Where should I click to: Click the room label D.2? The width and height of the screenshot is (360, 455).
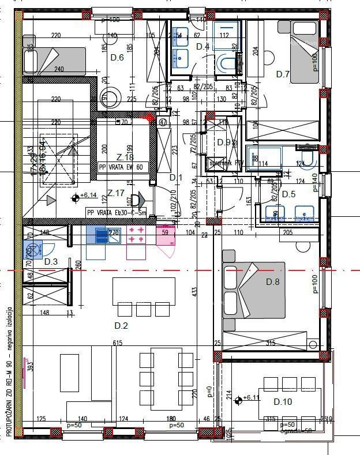click(x=121, y=326)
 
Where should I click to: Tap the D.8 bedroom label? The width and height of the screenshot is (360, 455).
click(x=272, y=281)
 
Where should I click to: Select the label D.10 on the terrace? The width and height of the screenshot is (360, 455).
click(x=283, y=401)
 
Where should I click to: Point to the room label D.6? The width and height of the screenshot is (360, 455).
click(x=117, y=57)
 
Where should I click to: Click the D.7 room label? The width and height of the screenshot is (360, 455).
click(x=282, y=74)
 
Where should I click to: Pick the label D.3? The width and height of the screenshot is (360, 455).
click(x=51, y=262)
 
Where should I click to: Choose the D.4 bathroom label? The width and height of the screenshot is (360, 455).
click(x=202, y=46)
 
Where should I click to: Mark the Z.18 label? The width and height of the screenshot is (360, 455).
click(x=125, y=157)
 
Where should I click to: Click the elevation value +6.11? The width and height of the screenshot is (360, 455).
click(x=253, y=398)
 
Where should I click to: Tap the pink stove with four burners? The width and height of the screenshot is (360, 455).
click(x=137, y=235)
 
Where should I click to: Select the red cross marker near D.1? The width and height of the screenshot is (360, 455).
click(x=151, y=118)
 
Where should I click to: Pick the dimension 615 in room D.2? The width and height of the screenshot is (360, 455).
click(x=118, y=343)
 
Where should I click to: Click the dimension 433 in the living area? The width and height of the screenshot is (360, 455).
click(x=196, y=292)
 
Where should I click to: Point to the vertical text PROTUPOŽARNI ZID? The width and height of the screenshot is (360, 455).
click(x=8, y=404)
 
